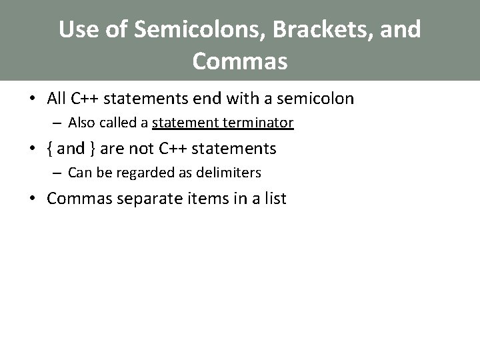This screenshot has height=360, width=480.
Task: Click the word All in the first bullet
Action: pos(57,99)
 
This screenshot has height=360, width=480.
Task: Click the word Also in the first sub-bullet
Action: pos(81,123)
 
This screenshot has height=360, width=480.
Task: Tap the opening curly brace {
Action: pos(50,148)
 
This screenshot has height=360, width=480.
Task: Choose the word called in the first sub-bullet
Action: pos(115,123)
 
